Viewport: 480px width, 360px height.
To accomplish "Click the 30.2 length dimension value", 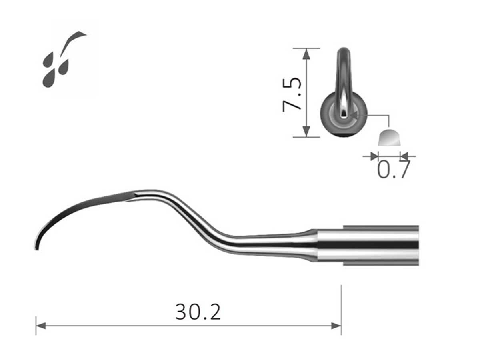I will tap(198, 312).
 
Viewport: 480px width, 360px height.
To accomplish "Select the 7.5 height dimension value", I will tap(292, 94).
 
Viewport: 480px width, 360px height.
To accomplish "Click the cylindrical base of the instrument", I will tap(368, 245).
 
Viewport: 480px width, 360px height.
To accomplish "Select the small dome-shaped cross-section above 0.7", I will tap(389, 138).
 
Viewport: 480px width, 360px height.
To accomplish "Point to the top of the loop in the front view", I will tap(344, 50).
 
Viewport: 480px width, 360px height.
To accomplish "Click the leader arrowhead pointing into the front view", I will tap(353, 115).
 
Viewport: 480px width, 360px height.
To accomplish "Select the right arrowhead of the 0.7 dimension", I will tap(404, 156).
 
